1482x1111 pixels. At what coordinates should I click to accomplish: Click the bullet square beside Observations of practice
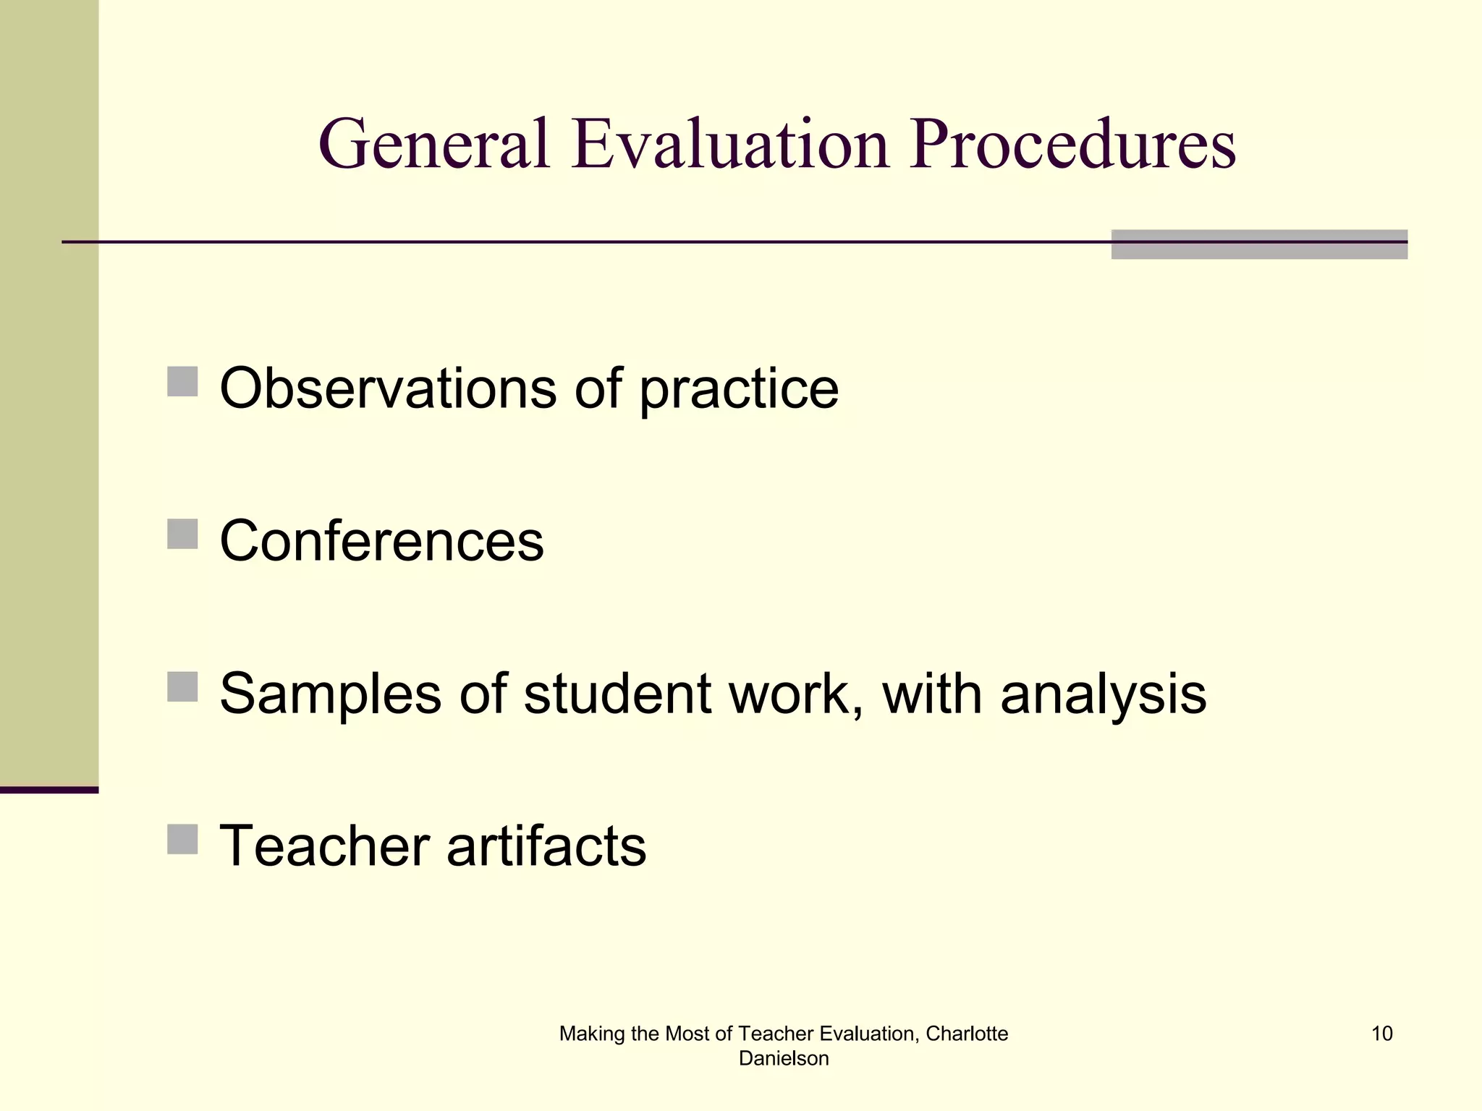(x=182, y=381)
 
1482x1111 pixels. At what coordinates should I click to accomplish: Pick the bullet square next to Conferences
(x=182, y=534)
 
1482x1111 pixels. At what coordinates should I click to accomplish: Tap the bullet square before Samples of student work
(x=182, y=686)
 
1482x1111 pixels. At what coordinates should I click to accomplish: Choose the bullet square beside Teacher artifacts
(x=182, y=839)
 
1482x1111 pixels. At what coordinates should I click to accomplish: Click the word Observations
(x=388, y=388)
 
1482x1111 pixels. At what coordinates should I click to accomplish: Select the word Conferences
(x=381, y=541)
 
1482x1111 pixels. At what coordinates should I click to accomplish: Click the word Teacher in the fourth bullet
(x=323, y=846)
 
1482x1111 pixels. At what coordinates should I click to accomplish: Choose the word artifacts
(x=546, y=846)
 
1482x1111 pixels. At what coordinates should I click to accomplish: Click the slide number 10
(x=1381, y=1034)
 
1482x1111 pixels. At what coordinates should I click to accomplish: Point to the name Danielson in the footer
(x=784, y=1058)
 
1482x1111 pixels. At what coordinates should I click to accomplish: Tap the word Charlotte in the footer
(x=967, y=1034)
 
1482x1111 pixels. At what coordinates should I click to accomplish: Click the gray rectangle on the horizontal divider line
(x=1259, y=244)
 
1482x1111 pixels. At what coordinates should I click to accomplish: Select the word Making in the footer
(x=591, y=1034)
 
